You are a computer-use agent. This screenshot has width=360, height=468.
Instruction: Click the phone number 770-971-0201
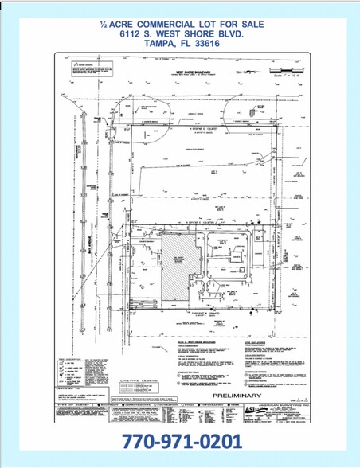click(180, 442)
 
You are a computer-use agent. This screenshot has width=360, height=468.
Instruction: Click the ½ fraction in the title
click(103, 24)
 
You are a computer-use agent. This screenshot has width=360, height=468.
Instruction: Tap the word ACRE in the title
click(123, 24)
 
